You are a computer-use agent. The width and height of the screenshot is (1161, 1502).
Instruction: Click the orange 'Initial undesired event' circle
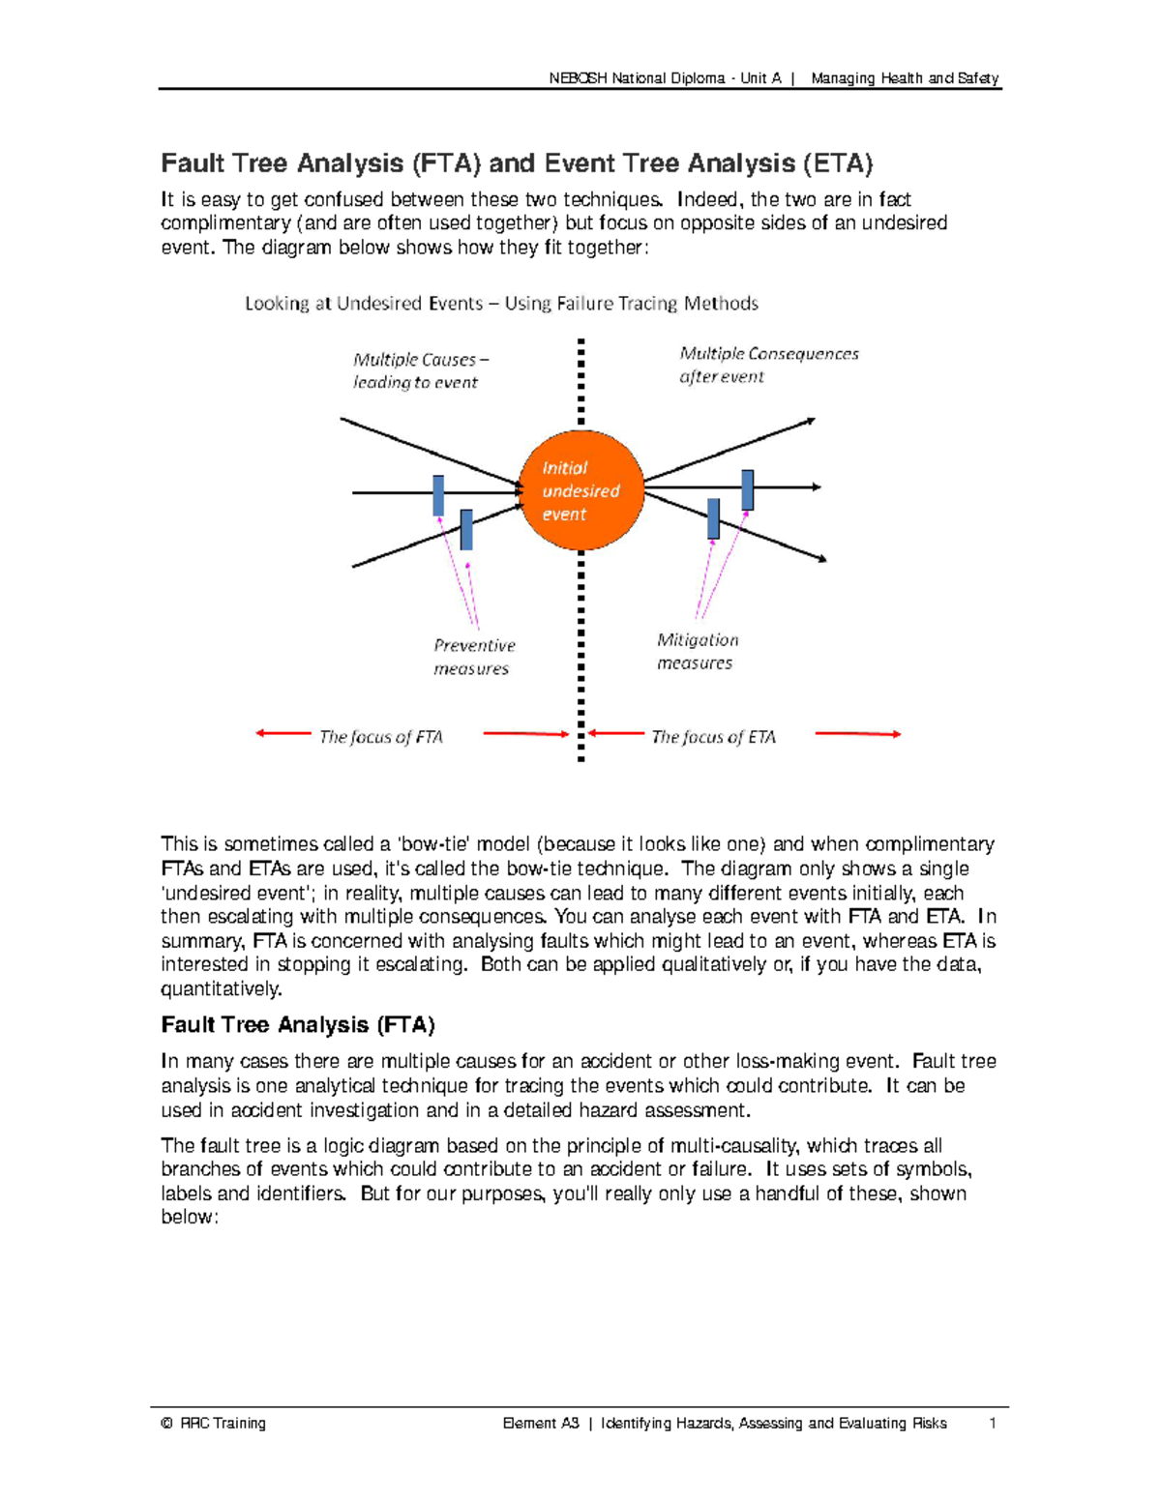tap(581, 490)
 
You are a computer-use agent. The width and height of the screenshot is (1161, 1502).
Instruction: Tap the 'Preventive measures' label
tap(474, 657)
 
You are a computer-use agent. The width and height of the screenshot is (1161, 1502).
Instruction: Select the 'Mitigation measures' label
tap(697, 651)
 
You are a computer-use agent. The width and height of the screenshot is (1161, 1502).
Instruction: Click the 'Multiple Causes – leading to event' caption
tap(420, 370)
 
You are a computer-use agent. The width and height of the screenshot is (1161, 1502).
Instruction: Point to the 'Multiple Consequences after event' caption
tap(768, 365)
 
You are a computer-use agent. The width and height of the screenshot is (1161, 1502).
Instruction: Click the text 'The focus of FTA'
tap(380, 737)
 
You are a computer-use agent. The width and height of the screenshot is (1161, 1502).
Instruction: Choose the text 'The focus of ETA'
tap(713, 737)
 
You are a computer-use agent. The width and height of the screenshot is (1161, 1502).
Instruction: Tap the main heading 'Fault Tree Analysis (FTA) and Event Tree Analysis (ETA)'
tap(517, 163)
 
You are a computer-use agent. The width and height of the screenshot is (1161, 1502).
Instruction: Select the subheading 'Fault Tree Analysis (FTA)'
tap(298, 1025)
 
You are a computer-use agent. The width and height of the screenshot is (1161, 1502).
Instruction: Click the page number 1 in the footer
tap(992, 1423)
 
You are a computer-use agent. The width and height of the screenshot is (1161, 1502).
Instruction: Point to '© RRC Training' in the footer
tap(214, 1423)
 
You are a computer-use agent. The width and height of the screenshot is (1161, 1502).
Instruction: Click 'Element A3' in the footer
tap(541, 1423)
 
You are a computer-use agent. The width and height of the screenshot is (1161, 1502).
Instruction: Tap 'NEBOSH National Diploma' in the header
tap(637, 78)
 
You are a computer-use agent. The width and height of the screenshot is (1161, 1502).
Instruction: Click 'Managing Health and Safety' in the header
tap(905, 78)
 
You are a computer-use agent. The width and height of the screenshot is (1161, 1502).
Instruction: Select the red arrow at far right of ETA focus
tap(858, 734)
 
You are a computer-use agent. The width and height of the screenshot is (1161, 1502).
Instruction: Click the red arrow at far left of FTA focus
tap(283, 733)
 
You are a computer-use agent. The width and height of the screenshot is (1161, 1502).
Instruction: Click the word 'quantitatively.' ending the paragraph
tap(222, 988)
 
